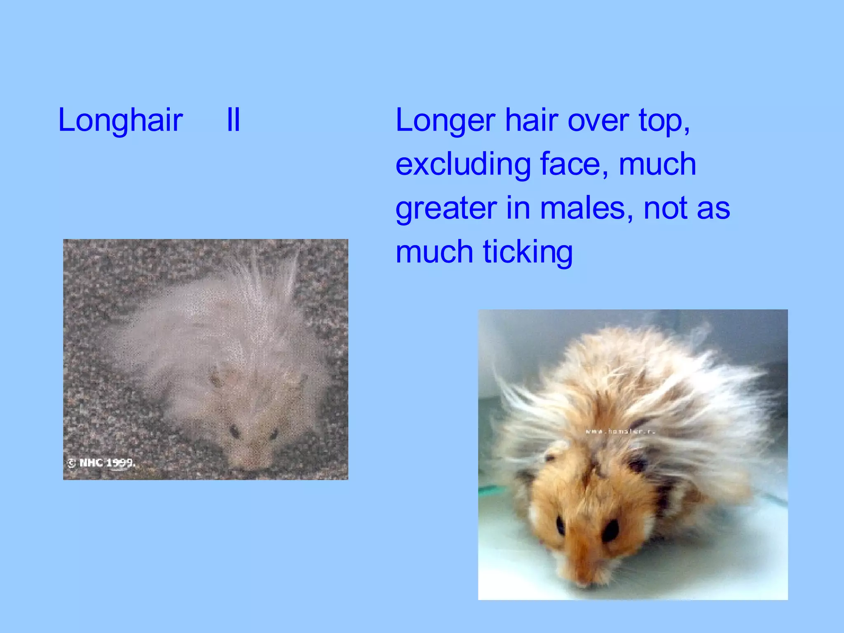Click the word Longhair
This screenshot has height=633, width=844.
pyautogui.click(x=120, y=120)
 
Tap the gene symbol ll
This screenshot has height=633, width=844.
pyautogui.click(x=233, y=120)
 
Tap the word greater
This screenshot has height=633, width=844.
pyautogui.click(x=446, y=209)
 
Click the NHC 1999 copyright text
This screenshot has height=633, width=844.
pyautogui.click(x=101, y=463)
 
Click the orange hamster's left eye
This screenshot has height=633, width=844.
pyautogui.click(x=561, y=526)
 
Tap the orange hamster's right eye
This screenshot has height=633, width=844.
pyautogui.click(x=610, y=530)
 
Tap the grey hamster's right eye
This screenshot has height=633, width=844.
pyautogui.click(x=273, y=434)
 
